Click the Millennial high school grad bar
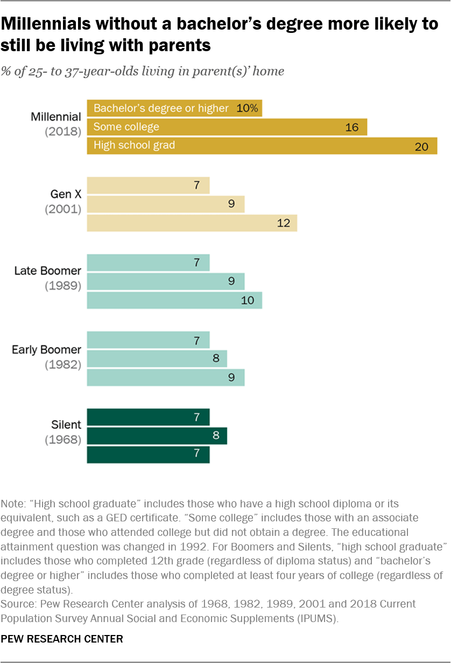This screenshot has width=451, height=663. click(x=262, y=145)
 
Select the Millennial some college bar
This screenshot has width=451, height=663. click(x=227, y=127)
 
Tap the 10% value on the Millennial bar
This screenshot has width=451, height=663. click(x=248, y=108)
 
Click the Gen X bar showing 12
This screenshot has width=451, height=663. click(x=192, y=223)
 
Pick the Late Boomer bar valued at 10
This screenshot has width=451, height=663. click(x=174, y=300)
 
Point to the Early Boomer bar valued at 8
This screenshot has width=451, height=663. click(x=157, y=358)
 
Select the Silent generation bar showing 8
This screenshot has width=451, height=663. click(x=157, y=435)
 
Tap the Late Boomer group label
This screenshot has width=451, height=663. click(x=47, y=270)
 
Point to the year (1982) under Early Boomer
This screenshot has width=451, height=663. click(x=62, y=364)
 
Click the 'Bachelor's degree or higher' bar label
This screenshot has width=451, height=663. click(x=161, y=108)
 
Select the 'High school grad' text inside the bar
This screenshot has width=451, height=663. click(x=134, y=145)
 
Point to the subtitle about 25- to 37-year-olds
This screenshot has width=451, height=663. click(x=143, y=71)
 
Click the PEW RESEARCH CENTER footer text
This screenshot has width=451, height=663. click(x=62, y=639)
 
